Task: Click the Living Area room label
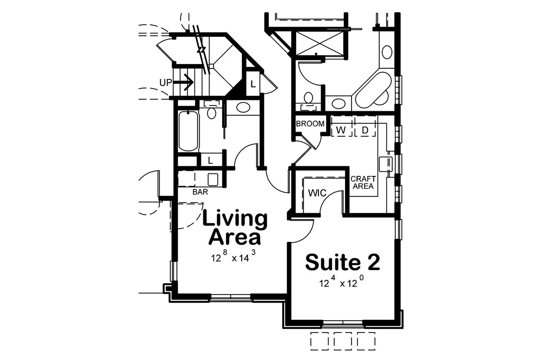point(235,228)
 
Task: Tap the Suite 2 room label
point(343,262)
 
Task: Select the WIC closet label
point(317,193)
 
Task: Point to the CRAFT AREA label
point(363,182)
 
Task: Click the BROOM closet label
point(310,124)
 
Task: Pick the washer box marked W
point(342,130)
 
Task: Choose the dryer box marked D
point(365,130)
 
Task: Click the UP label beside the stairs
point(166,82)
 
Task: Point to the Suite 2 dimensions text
point(342,282)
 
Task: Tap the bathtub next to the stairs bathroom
point(188,130)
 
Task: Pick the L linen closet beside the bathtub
point(210,160)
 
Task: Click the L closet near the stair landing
point(253,84)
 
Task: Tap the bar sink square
point(213,179)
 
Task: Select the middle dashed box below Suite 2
point(343,340)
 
